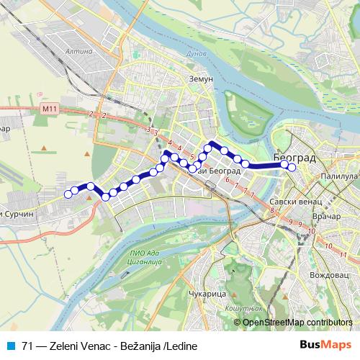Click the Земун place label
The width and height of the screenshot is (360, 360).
pyautogui.click(x=201, y=79)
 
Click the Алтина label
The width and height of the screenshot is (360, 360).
pyautogui.click(x=78, y=51)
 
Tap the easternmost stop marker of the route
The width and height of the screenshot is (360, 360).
pyautogui.click(x=292, y=168)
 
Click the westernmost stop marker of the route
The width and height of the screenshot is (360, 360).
pyautogui.click(x=68, y=193)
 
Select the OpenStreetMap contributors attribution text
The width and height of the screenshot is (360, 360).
pyautogui.click(x=297, y=322)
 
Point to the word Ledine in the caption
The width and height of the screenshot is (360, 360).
pyautogui.click(x=182, y=346)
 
